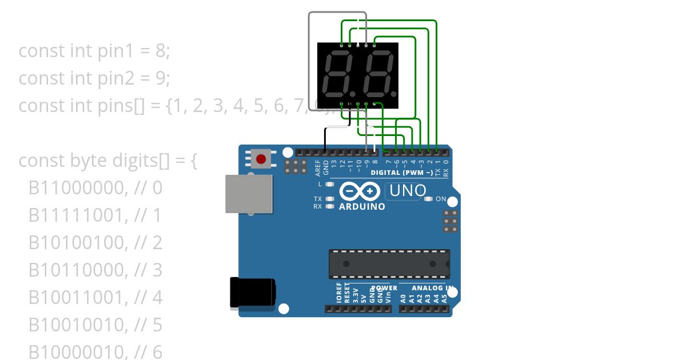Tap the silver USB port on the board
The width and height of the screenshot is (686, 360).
(x=248, y=194)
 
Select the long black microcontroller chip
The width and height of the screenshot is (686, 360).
(x=389, y=264)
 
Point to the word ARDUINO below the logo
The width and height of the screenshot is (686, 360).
(x=362, y=207)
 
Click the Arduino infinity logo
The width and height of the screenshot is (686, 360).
(x=360, y=191)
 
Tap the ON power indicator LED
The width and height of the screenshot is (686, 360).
(x=429, y=199)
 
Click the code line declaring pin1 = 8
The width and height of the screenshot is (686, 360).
(x=94, y=51)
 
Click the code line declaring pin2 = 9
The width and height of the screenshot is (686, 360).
(x=94, y=78)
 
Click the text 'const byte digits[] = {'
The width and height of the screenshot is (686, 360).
(x=108, y=161)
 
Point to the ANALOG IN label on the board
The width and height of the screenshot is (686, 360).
(x=433, y=288)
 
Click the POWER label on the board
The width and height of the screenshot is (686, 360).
(x=384, y=288)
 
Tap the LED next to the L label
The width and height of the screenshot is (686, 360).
(x=329, y=184)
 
